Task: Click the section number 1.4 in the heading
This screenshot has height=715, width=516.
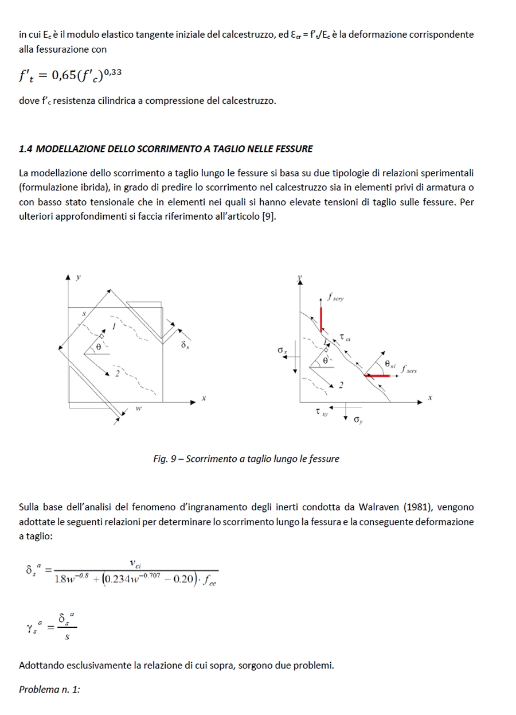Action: [x=25, y=149]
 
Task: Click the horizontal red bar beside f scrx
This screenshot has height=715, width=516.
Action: [x=378, y=376]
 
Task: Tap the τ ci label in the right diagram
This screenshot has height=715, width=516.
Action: [x=345, y=339]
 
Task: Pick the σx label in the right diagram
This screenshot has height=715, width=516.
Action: [x=282, y=349]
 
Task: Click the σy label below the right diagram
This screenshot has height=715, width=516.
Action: [x=358, y=421]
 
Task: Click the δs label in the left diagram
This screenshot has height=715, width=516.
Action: [x=184, y=345]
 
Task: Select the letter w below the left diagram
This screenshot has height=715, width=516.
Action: [x=138, y=409]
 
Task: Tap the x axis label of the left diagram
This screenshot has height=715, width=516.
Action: [x=203, y=398]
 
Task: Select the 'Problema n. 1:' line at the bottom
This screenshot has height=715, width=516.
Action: [x=49, y=689]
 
